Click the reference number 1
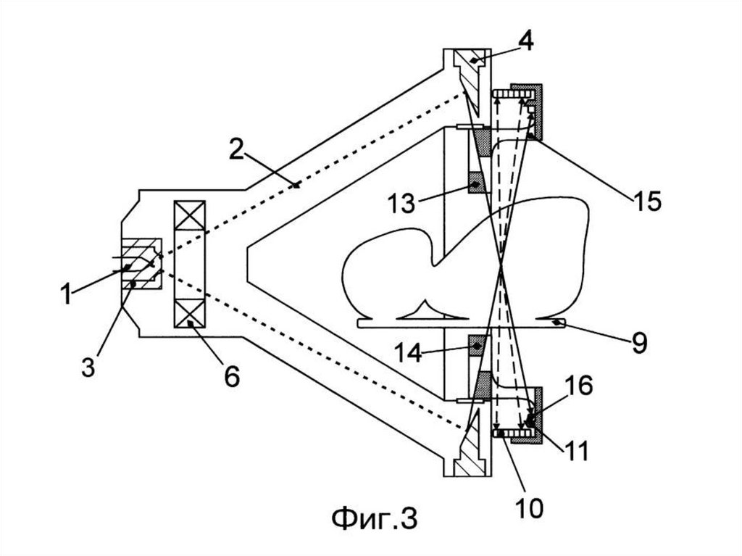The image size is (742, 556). pyautogui.click(x=66, y=294)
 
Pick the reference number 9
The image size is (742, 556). pyautogui.click(x=639, y=342)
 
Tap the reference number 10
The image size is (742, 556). pyautogui.click(x=529, y=507)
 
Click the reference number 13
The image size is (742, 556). pyautogui.click(x=401, y=203)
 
